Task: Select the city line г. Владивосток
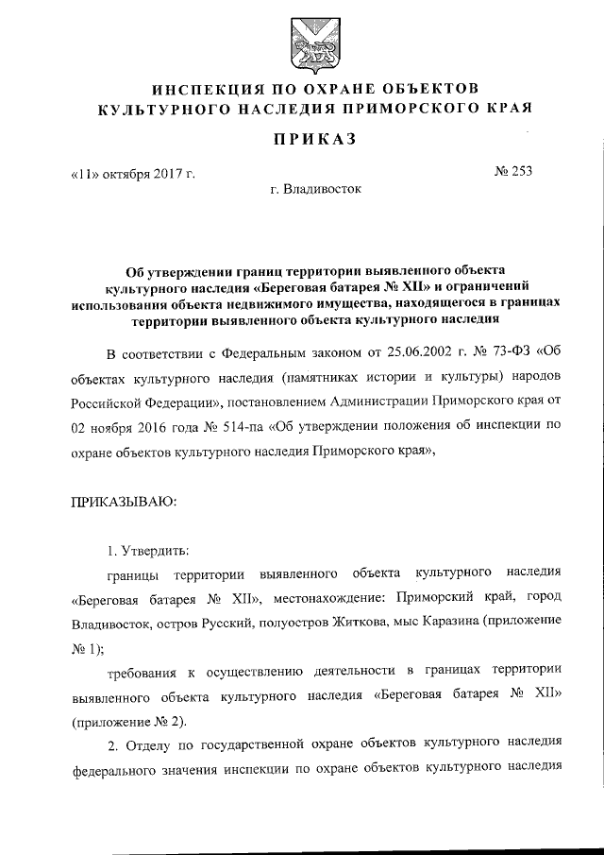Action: (314, 188)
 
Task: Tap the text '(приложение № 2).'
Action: (126, 722)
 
